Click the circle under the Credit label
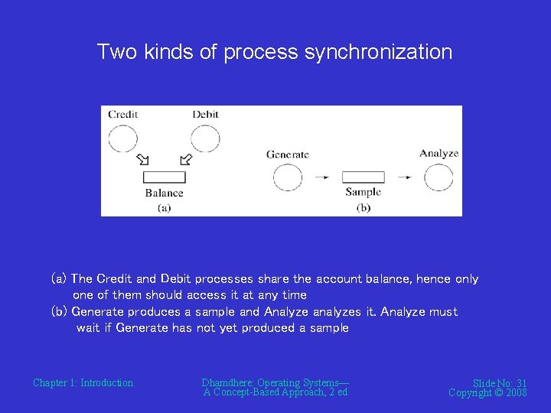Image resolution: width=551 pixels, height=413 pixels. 123,138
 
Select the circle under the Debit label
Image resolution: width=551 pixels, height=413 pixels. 204,138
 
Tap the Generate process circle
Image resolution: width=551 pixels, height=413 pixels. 288,177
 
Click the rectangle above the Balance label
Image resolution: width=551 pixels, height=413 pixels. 165,177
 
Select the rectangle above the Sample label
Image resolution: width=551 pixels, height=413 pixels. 363,177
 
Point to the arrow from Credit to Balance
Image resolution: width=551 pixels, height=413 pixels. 143,160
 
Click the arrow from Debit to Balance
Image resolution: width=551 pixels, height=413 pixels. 185,160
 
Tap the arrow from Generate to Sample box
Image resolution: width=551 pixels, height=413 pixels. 322,177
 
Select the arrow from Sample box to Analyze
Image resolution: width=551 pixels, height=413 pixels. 404,177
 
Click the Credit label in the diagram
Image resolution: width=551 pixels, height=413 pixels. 123,115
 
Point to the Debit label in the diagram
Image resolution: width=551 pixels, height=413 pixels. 205,115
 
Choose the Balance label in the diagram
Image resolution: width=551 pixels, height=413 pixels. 165,193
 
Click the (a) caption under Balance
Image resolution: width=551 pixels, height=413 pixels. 165,207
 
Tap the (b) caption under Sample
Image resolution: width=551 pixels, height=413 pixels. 363,207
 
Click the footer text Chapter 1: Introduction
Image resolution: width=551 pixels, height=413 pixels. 83,382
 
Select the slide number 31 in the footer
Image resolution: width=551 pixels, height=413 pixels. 521,383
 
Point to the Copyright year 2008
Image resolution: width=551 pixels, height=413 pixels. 516,392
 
